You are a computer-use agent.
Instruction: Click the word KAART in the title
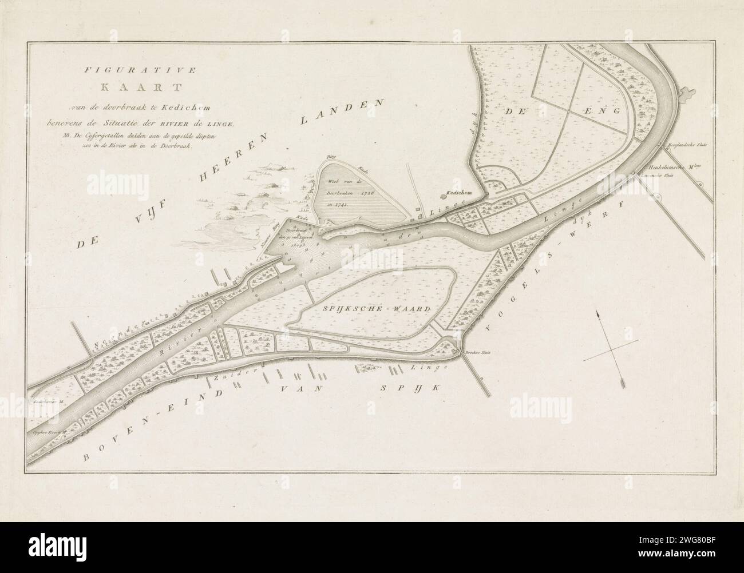(x=139, y=87)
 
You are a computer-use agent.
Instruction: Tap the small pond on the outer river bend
(x=686, y=92)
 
